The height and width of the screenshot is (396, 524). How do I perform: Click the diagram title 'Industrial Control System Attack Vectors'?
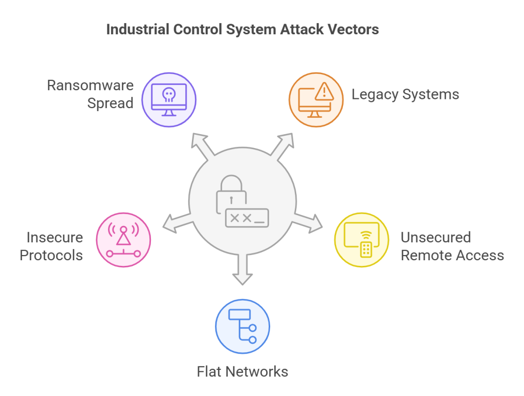point(242,29)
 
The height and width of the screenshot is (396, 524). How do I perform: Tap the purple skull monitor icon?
point(169,99)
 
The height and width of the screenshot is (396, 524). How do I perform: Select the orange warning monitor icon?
point(316,99)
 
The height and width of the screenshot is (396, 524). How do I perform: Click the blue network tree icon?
point(242,327)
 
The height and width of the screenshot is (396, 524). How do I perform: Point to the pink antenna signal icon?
point(123,240)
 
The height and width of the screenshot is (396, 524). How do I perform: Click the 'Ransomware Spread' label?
point(90,94)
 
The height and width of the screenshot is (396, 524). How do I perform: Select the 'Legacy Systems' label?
point(405,94)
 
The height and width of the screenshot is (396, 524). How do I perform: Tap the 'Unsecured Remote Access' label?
point(452,246)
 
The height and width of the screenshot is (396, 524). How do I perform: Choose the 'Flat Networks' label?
point(242,371)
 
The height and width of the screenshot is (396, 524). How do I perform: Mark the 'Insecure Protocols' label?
point(51,246)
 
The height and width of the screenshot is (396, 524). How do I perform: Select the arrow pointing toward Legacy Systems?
point(282,144)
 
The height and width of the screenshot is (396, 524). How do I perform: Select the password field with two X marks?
point(247,218)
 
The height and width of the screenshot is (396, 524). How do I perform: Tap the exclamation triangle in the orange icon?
point(323,92)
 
